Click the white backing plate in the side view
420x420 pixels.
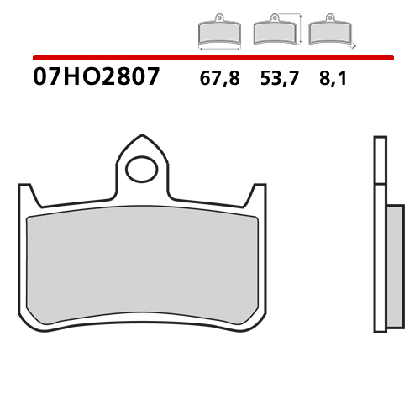[x=378, y=235]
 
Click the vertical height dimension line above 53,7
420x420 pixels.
[x=299, y=29]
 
